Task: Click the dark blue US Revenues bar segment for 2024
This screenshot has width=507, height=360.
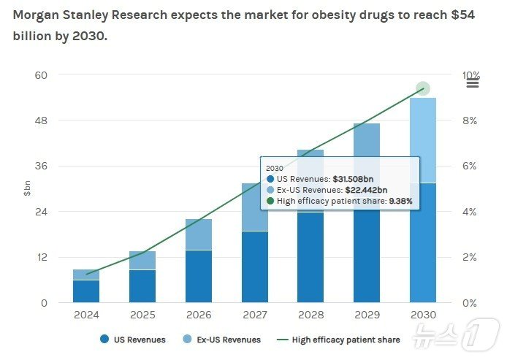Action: point(86,291)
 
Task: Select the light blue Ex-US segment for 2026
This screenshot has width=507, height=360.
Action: point(198,234)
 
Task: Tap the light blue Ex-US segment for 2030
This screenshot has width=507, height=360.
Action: point(422,131)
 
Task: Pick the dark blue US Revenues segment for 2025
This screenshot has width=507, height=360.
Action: point(142,286)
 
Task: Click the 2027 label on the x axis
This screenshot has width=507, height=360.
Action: point(254,315)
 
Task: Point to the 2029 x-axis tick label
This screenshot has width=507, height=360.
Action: point(366,315)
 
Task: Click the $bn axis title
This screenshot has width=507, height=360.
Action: point(27,188)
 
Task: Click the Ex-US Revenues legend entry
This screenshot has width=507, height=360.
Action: point(222,340)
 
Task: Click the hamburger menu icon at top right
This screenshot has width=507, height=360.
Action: point(473,82)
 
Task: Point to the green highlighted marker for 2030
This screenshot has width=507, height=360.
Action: point(422,89)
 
